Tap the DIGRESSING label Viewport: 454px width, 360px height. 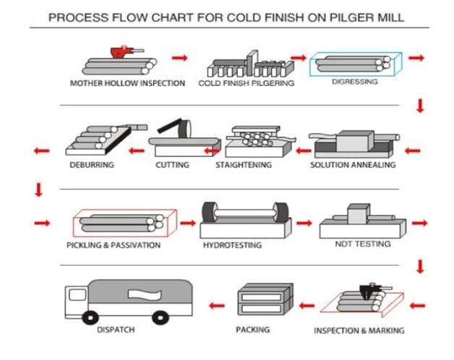coord(355,82)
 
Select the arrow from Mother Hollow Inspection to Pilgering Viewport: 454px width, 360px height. coord(180,58)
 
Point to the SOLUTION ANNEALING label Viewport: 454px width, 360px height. coord(353,165)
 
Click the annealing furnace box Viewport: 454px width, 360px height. coord(355,141)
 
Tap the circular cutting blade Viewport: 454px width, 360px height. coord(185,129)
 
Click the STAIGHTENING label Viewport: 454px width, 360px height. coord(244,165)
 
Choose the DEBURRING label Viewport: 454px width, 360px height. coord(92,165)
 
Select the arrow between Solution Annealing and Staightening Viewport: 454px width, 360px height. coord(304,150)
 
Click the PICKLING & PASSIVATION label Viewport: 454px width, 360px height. coord(113,245)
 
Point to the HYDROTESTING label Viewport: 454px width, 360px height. coord(233,245)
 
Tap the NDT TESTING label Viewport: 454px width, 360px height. coord(363,244)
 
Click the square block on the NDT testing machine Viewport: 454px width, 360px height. coord(359,214)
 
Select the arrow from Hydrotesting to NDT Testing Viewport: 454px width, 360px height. coord(304,223)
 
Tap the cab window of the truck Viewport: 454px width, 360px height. coord(77,295)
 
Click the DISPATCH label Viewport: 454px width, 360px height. coord(116,330)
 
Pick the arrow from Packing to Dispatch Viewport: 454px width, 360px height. coord(217,306)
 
